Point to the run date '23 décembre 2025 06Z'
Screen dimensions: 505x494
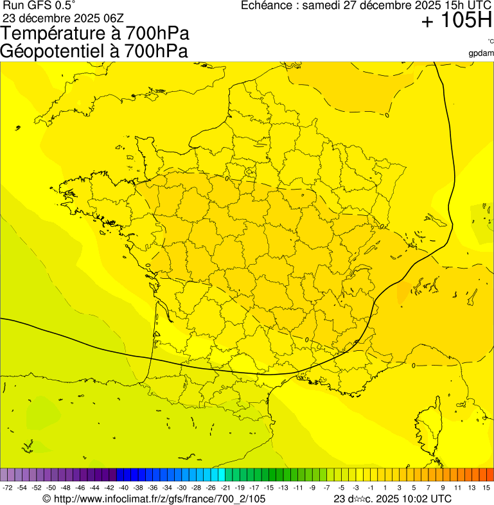pyautogui.click(x=63, y=17)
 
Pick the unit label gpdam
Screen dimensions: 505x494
pyautogui.click(x=482, y=53)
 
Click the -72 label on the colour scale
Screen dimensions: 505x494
pyautogui.click(x=8, y=488)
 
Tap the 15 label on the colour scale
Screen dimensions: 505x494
pyautogui.click(x=486, y=488)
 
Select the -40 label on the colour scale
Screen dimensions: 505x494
pyautogui.click(x=123, y=488)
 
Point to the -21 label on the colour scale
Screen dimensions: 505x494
pyautogui.click(x=225, y=488)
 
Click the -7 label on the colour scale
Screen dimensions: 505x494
pyautogui.click(x=327, y=488)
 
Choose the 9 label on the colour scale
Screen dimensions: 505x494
pyautogui.click(x=443, y=488)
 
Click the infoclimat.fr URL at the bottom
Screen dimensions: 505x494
pyautogui.click(x=154, y=499)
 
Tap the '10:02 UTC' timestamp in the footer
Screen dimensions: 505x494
pyautogui.click(x=423, y=499)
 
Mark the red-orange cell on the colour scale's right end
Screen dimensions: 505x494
pyautogui.click(x=490, y=475)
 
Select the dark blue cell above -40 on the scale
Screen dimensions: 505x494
pyautogui.click(x=122, y=475)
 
